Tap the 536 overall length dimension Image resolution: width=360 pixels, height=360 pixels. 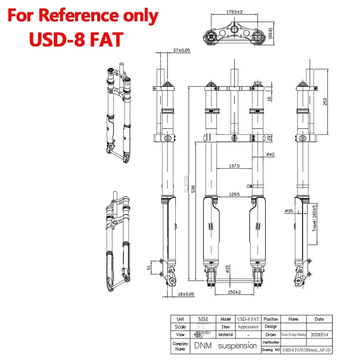[x=193, y=190]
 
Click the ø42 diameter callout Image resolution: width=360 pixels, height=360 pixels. [x=270, y=154]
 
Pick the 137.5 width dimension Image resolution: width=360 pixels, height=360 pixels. [x=234, y=166]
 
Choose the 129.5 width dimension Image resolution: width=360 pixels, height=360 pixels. [x=233, y=194]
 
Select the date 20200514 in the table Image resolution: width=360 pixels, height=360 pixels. [x=319, y=334]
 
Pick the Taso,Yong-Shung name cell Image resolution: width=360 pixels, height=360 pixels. [x=293, y=334]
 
